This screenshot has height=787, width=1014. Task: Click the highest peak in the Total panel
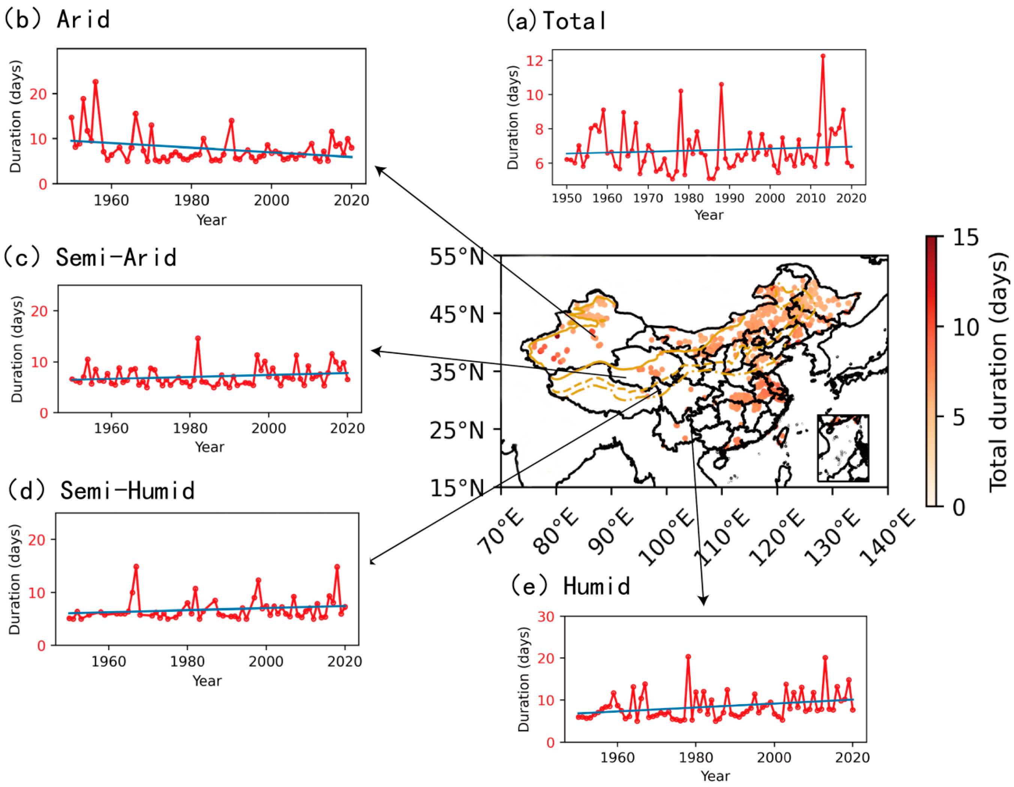point(823,56)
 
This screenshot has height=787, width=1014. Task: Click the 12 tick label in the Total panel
point(534,61)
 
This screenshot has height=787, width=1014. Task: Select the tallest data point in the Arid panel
point(96,82)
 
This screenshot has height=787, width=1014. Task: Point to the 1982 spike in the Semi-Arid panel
point(198,339)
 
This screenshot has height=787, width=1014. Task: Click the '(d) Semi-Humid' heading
point(101,491)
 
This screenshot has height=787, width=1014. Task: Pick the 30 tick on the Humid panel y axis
point(546,618)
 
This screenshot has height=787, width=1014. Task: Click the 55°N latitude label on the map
point(457,257)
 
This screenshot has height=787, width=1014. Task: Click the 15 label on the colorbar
point(966,238)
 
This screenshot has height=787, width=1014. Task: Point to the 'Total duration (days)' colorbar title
point(998,372)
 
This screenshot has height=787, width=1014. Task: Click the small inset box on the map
point(843,448)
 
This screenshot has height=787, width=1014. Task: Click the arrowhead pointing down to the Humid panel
point(703,601)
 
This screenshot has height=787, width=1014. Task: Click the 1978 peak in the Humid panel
point(688,657)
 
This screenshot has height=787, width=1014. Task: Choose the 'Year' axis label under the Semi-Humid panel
point(207,681)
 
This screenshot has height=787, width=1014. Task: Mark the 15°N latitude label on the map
point(457,488)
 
